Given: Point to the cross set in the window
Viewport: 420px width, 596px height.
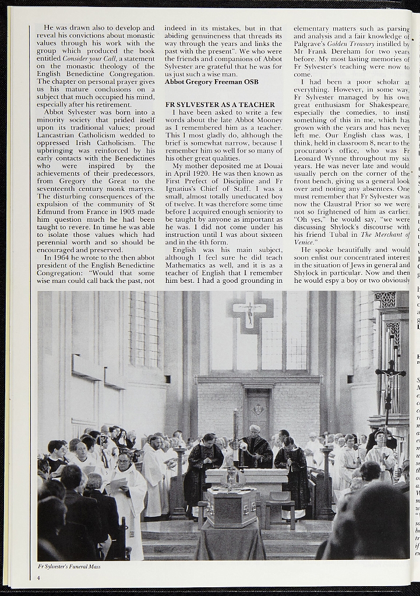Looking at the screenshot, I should [x=250, y=313].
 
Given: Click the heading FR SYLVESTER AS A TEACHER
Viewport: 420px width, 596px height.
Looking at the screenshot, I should [x=220, y=105].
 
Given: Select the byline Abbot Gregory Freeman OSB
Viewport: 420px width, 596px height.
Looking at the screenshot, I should [x=211, y=82].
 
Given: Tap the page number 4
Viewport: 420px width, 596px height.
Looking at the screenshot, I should [x=39, y=578].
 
